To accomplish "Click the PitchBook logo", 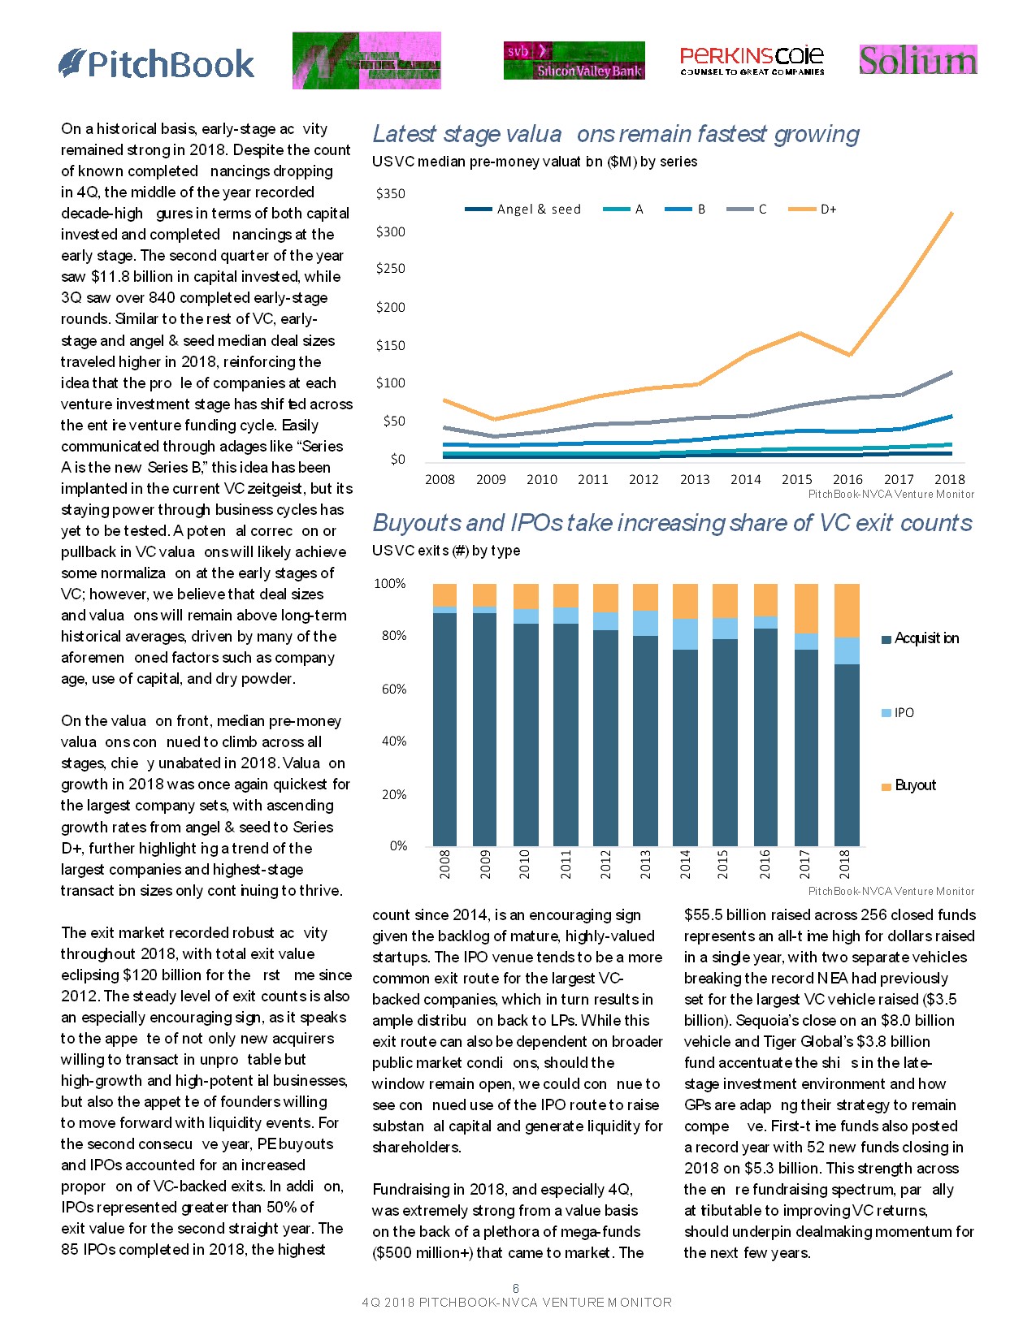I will (x=157, y=63).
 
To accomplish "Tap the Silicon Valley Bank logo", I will (x=574, y=60).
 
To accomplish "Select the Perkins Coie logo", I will (x=752, y=60).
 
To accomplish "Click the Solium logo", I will (x=917, y=60).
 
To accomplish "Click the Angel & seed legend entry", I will (x=523, y=210).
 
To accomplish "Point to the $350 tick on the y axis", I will (x=390, y=193).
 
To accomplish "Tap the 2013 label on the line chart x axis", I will (x=695, y=479).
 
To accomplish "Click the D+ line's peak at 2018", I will (x=951, y=213).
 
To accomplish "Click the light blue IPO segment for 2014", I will (x=685, y=633).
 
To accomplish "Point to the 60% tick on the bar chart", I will (x=393, y=689).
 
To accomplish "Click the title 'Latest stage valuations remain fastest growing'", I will (x=615, y=134).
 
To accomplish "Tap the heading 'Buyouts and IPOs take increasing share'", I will (x=672, y=523).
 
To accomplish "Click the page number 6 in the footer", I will (x=515, y=1288).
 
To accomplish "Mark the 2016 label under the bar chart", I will (x=765, y=863).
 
